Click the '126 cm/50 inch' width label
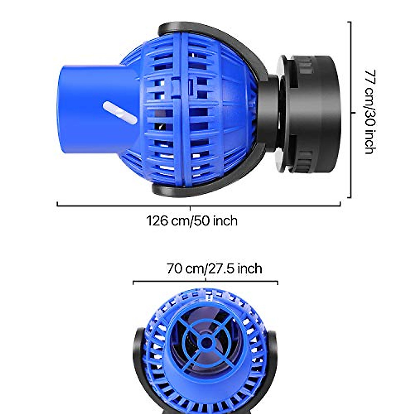(192, 220)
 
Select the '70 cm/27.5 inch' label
(214, 268)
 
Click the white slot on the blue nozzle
(120, 112)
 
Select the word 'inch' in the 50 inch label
(225, 220)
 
